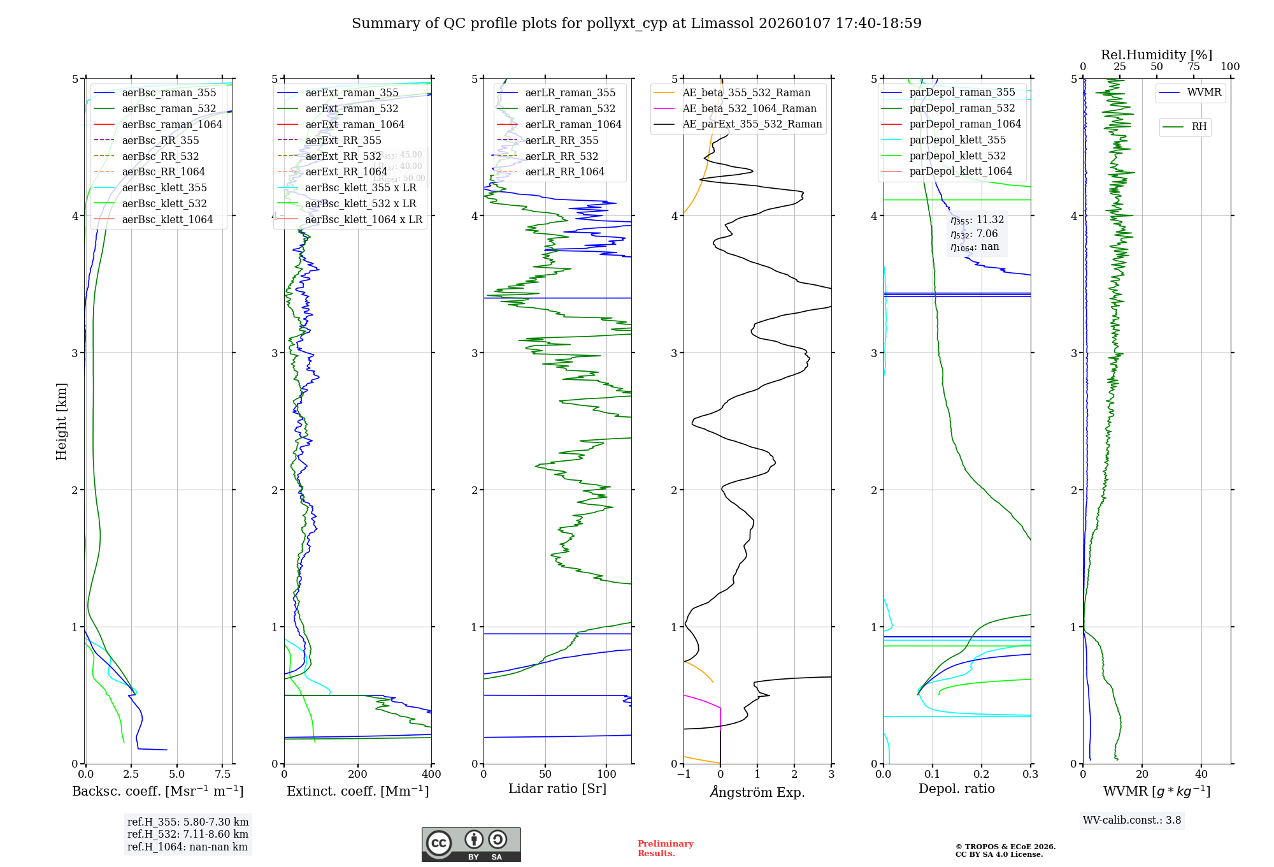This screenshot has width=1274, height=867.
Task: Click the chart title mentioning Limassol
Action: [636, 24]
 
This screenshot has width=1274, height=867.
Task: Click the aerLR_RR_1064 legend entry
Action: [564, 171]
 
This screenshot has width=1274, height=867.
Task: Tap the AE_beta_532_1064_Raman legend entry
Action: [749, 108]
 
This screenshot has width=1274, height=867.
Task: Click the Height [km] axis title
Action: [61, 421]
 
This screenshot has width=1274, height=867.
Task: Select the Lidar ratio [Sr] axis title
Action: [557, 789]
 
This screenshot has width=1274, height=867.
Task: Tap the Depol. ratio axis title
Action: [956, 789]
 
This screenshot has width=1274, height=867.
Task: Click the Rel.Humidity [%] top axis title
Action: [1156, 55]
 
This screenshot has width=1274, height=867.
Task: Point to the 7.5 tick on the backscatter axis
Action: [222, 775]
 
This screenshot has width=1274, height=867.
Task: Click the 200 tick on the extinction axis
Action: [358, 775]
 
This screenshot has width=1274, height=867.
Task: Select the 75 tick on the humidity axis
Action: [1193, 67]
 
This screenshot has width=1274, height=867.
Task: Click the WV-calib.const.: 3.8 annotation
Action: [1132, 820]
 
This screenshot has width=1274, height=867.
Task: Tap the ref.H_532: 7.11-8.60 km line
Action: [188, 834]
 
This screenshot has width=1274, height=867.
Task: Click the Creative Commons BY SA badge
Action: [471, 844]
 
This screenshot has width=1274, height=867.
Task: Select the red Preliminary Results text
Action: [665, 849]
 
